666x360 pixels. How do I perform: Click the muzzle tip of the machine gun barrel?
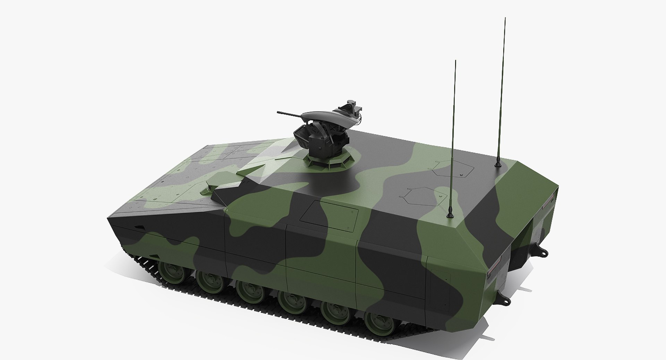[x=278, y=112]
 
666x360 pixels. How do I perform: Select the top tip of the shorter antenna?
[x=455, y=61]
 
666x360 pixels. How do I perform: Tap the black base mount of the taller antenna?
[x=498, y=163]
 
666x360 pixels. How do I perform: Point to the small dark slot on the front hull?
[x=140, y=227]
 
